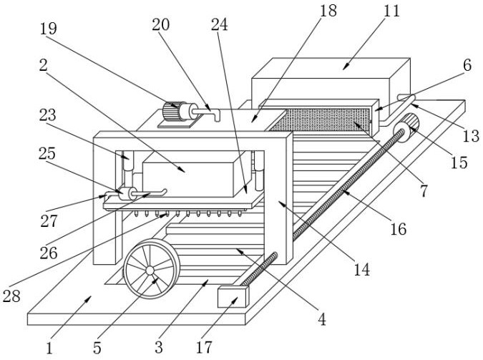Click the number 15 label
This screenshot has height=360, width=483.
tap(459, 162)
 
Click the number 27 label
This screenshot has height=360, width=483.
tap(49, 222)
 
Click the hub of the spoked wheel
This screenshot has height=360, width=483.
tap(150, 271)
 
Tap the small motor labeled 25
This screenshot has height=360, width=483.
tap(127, 194)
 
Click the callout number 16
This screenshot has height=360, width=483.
tap(398, 229)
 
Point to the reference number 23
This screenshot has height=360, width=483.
tap(49, 115)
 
